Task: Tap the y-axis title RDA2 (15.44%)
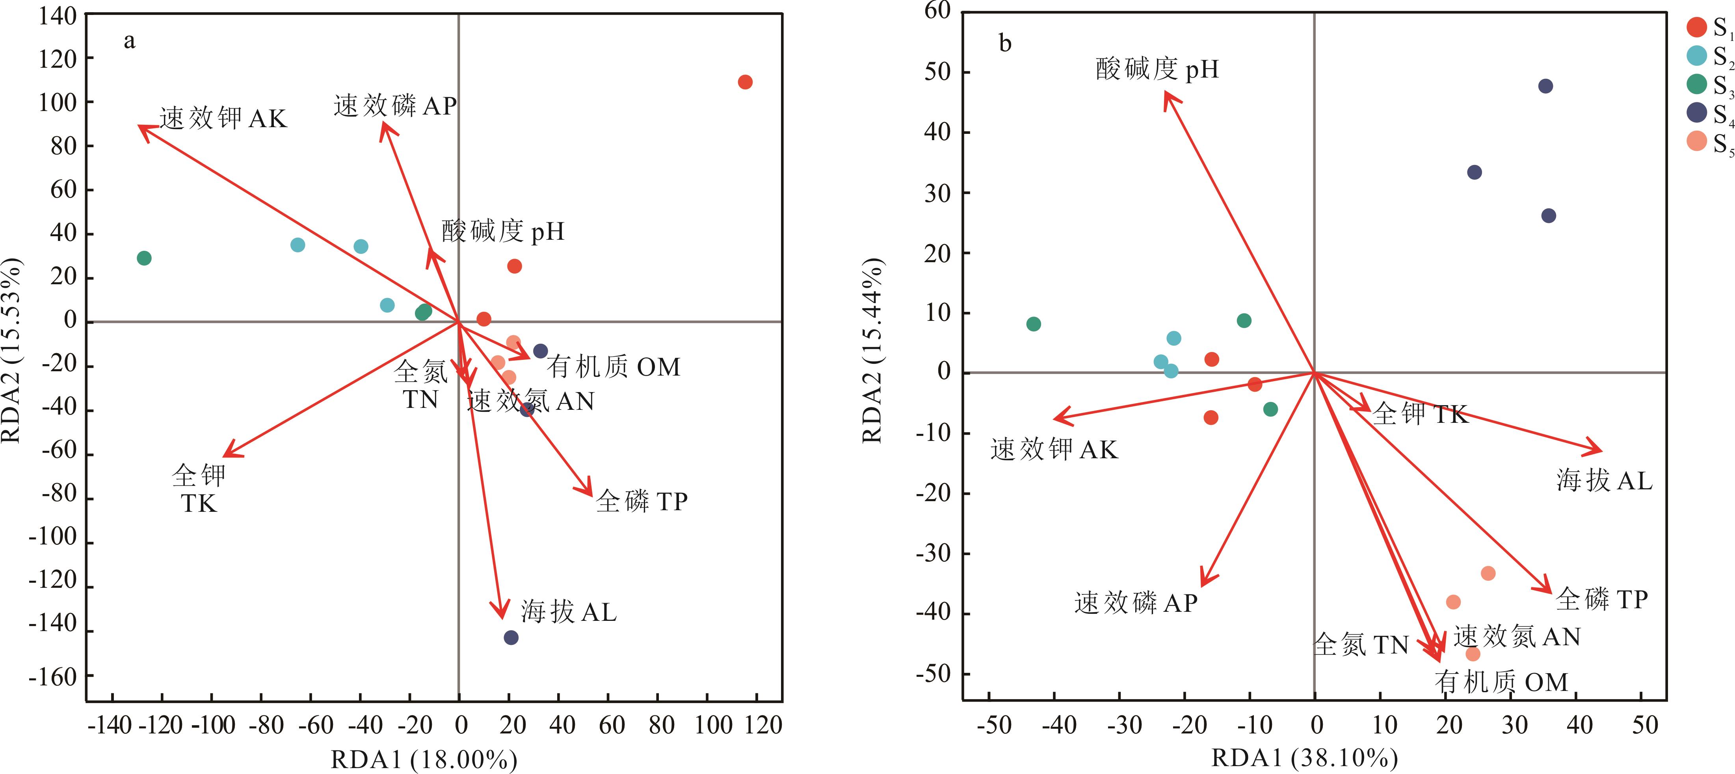[x=873, y=350]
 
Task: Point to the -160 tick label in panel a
[x=52, y=676]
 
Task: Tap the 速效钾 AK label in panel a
[x=223, y=119]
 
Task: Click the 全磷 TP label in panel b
[x=1602, y=599]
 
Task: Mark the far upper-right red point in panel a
[x=745, y=82]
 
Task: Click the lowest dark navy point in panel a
[x=511, y=637]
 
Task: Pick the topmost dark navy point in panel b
[x=1546, y=86]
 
